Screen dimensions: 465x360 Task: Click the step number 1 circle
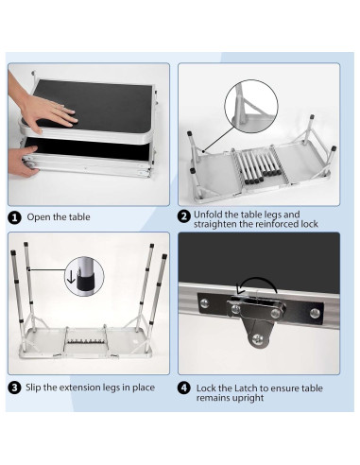[x=14, y=216]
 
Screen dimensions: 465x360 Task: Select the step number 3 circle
[x=14, y=387]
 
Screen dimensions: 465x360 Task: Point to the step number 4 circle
[x=185, y=387]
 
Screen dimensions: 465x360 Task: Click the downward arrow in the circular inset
[x=75, y=278]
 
